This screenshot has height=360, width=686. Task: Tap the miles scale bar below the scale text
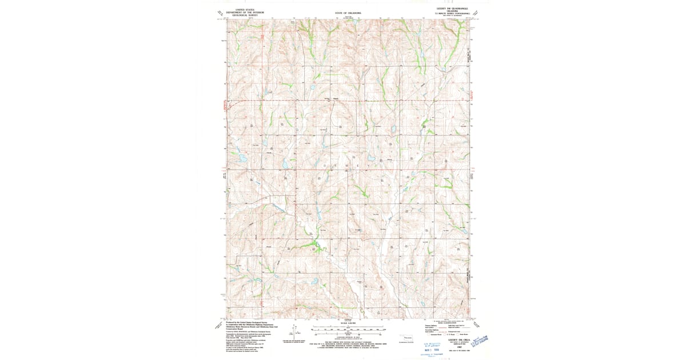[348, 329]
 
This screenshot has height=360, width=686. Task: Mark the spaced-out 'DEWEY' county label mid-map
[341, 165]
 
